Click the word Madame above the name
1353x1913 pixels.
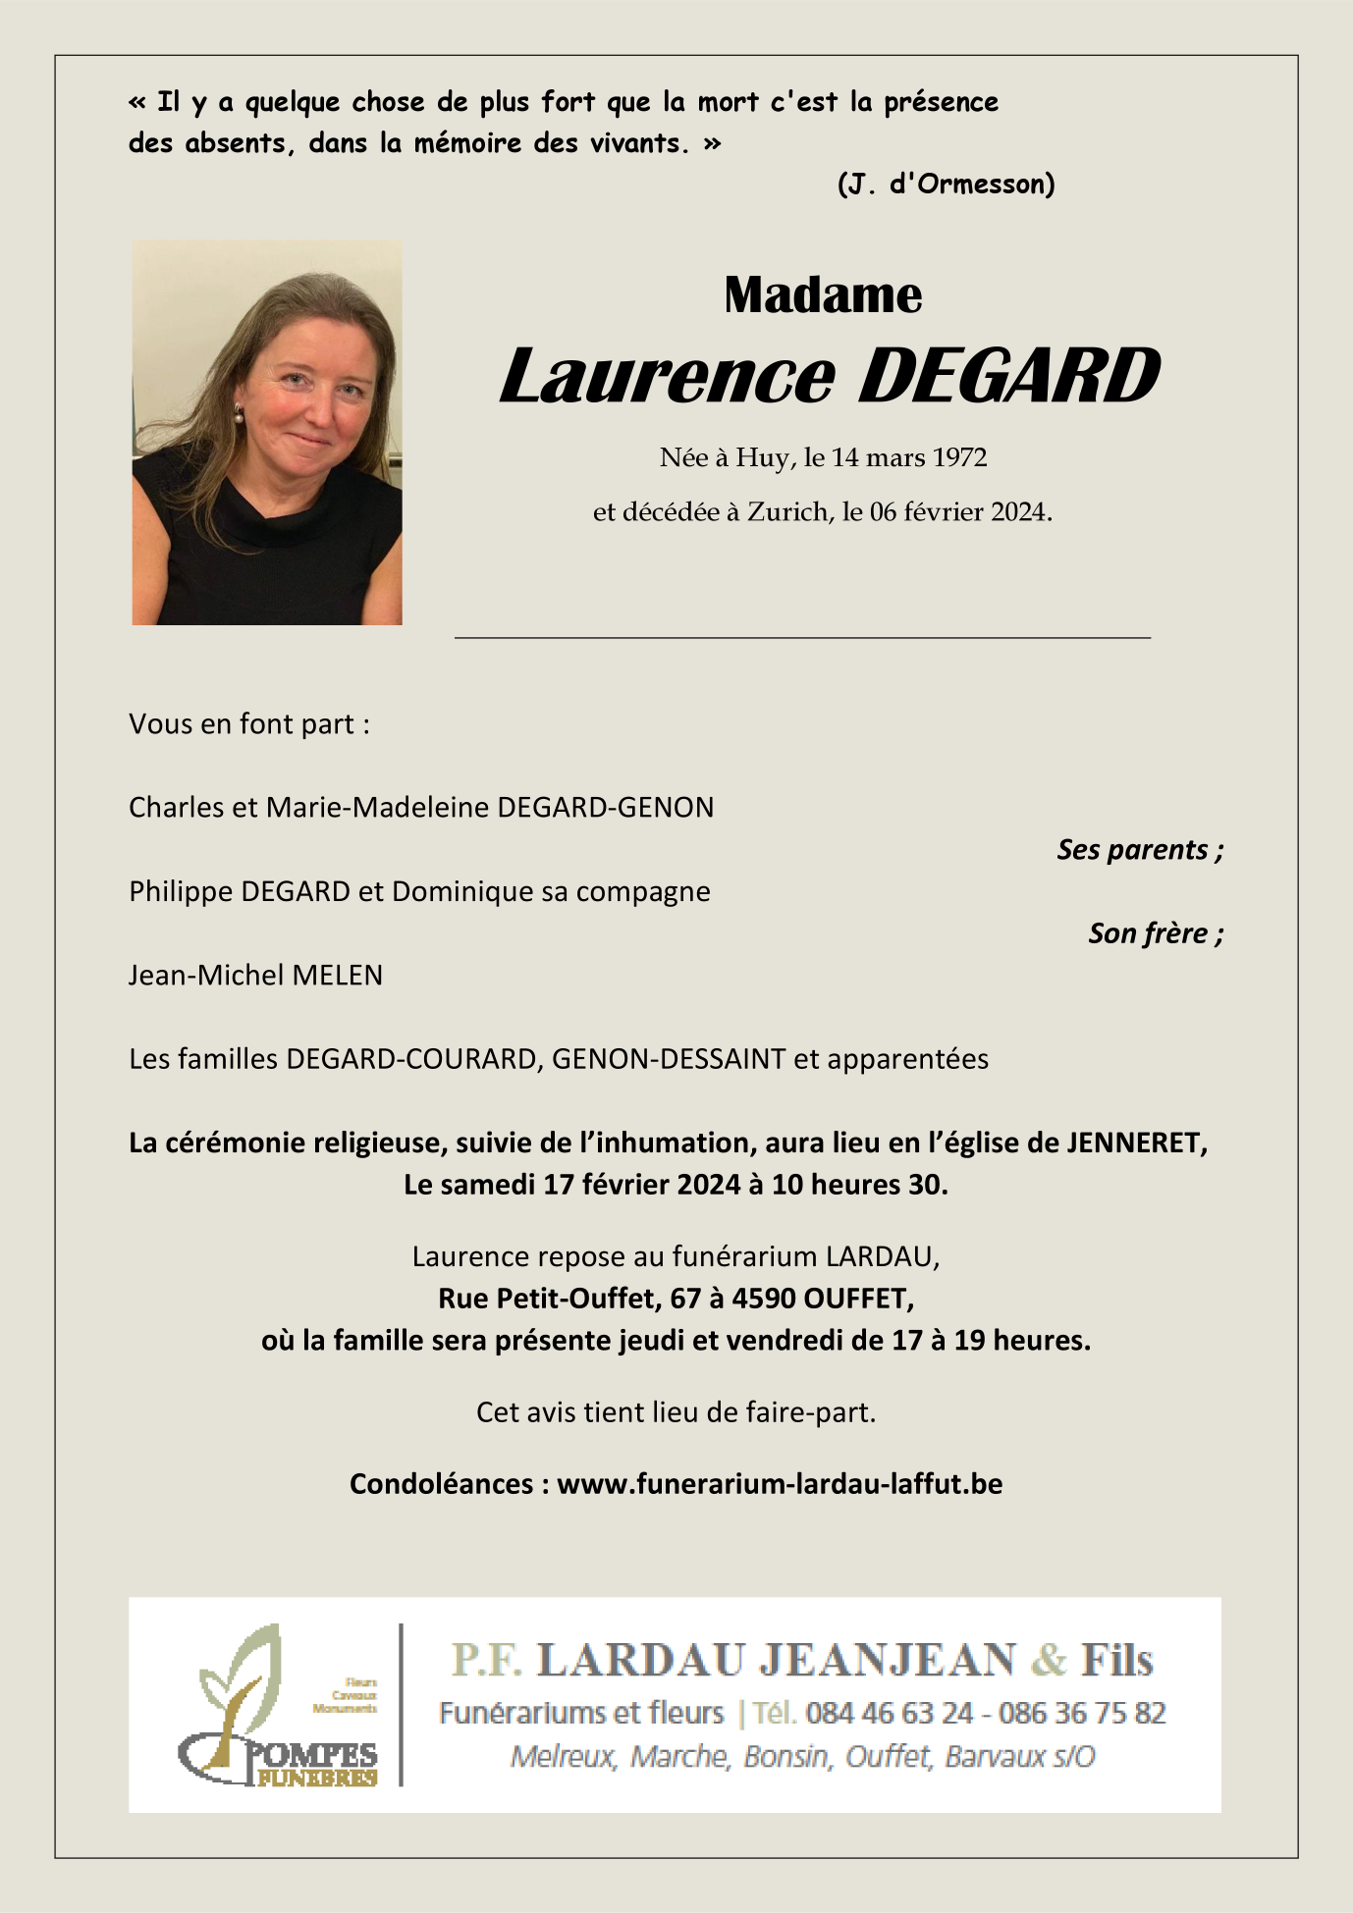coord(823,295)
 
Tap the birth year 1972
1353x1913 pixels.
coord(959,458)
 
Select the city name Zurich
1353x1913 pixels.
coord(787,512)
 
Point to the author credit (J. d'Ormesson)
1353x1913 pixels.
coord(946,185)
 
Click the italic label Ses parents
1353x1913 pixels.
coord(1139,850)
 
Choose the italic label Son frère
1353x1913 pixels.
coord(1155,933)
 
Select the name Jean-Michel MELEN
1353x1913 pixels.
coord(255,976)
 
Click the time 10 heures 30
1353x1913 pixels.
coord(859,1186)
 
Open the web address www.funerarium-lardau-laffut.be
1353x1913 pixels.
coord(780,1484)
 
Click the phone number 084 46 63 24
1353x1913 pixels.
coord(889,1714)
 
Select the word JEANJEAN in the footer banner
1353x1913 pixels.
coord(889,1661)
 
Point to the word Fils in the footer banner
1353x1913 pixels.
coord(1116,1661)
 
